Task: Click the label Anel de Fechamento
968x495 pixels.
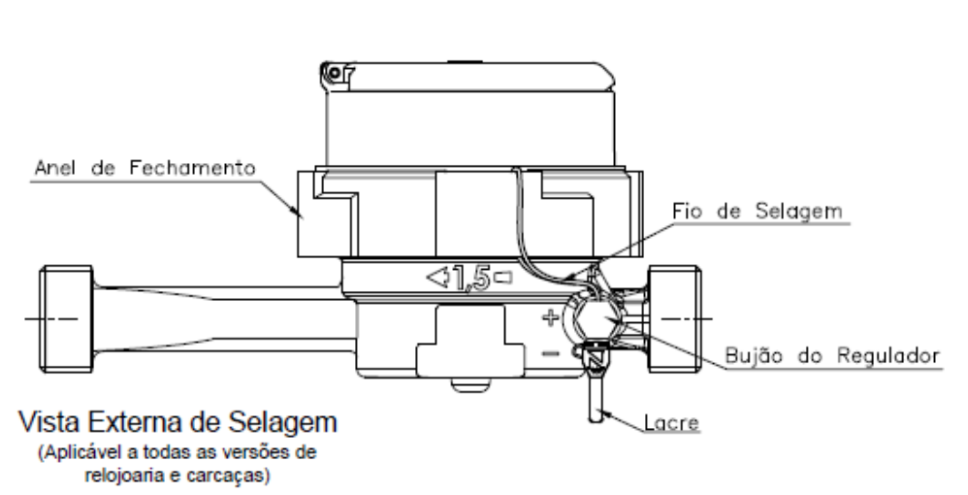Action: pos(145,168)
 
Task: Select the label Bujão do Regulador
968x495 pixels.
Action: pos(832,355)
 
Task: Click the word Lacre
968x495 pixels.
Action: pos(671,423)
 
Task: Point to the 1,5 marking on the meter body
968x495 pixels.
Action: pos(471,279)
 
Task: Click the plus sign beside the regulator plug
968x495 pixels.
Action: pos(550,317)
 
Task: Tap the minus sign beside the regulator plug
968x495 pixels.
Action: pos(550,353)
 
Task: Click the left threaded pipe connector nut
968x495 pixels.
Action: pos(67,319)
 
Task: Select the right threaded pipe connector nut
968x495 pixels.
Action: pos(674,319)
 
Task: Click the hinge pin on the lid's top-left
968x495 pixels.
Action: pos(335,74)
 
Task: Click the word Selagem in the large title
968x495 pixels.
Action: pos(283,423)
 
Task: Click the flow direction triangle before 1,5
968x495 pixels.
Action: pos(437,278)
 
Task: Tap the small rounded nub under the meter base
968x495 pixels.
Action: pos(471,384)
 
